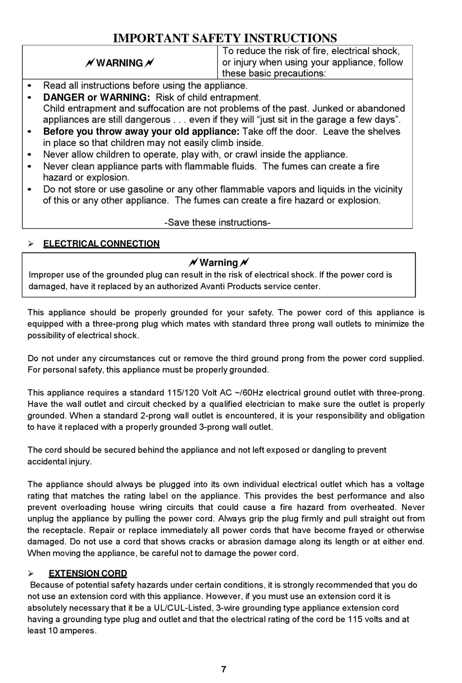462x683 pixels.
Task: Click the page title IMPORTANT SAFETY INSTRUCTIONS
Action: tap(225, 38)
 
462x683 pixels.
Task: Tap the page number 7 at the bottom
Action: tap(224, 669)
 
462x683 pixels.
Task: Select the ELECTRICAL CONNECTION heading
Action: tap(101, 244)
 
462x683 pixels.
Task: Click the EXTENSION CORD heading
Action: tap(88, 573)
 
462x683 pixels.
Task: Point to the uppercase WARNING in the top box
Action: tap(119, 63)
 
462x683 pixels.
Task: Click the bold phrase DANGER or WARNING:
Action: tap(96, 97)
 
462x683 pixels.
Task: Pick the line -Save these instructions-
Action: tap(217, 222)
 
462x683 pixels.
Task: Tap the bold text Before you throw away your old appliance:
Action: tap(141, 131)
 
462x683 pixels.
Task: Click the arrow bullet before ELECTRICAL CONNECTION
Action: tap(31, 244)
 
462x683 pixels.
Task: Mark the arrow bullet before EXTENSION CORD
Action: tap(31, 573)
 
